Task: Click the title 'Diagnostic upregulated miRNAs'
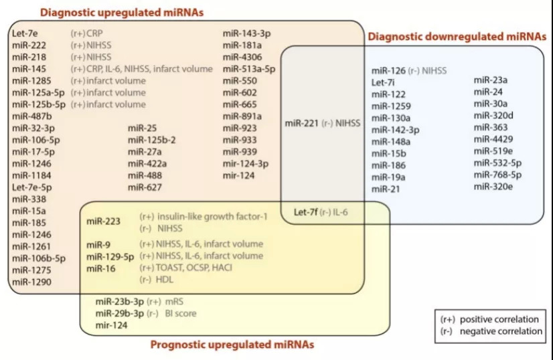pyautogui.click(x=123, y=12)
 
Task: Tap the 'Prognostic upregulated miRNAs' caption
pyautogui.click(x=232, y=345)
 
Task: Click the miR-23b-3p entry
pyautogui.click(x=119, y=301)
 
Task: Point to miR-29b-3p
pyautogui.click(x=119, y=313)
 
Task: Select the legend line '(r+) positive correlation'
pyautogui.click(x=489, y=319)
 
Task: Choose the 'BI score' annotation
pyautogui.click(x=180, y=313)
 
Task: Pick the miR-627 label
pyautogui.click(x=145, y=187)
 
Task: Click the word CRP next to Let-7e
pyautogui.click(x=94, y=32)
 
